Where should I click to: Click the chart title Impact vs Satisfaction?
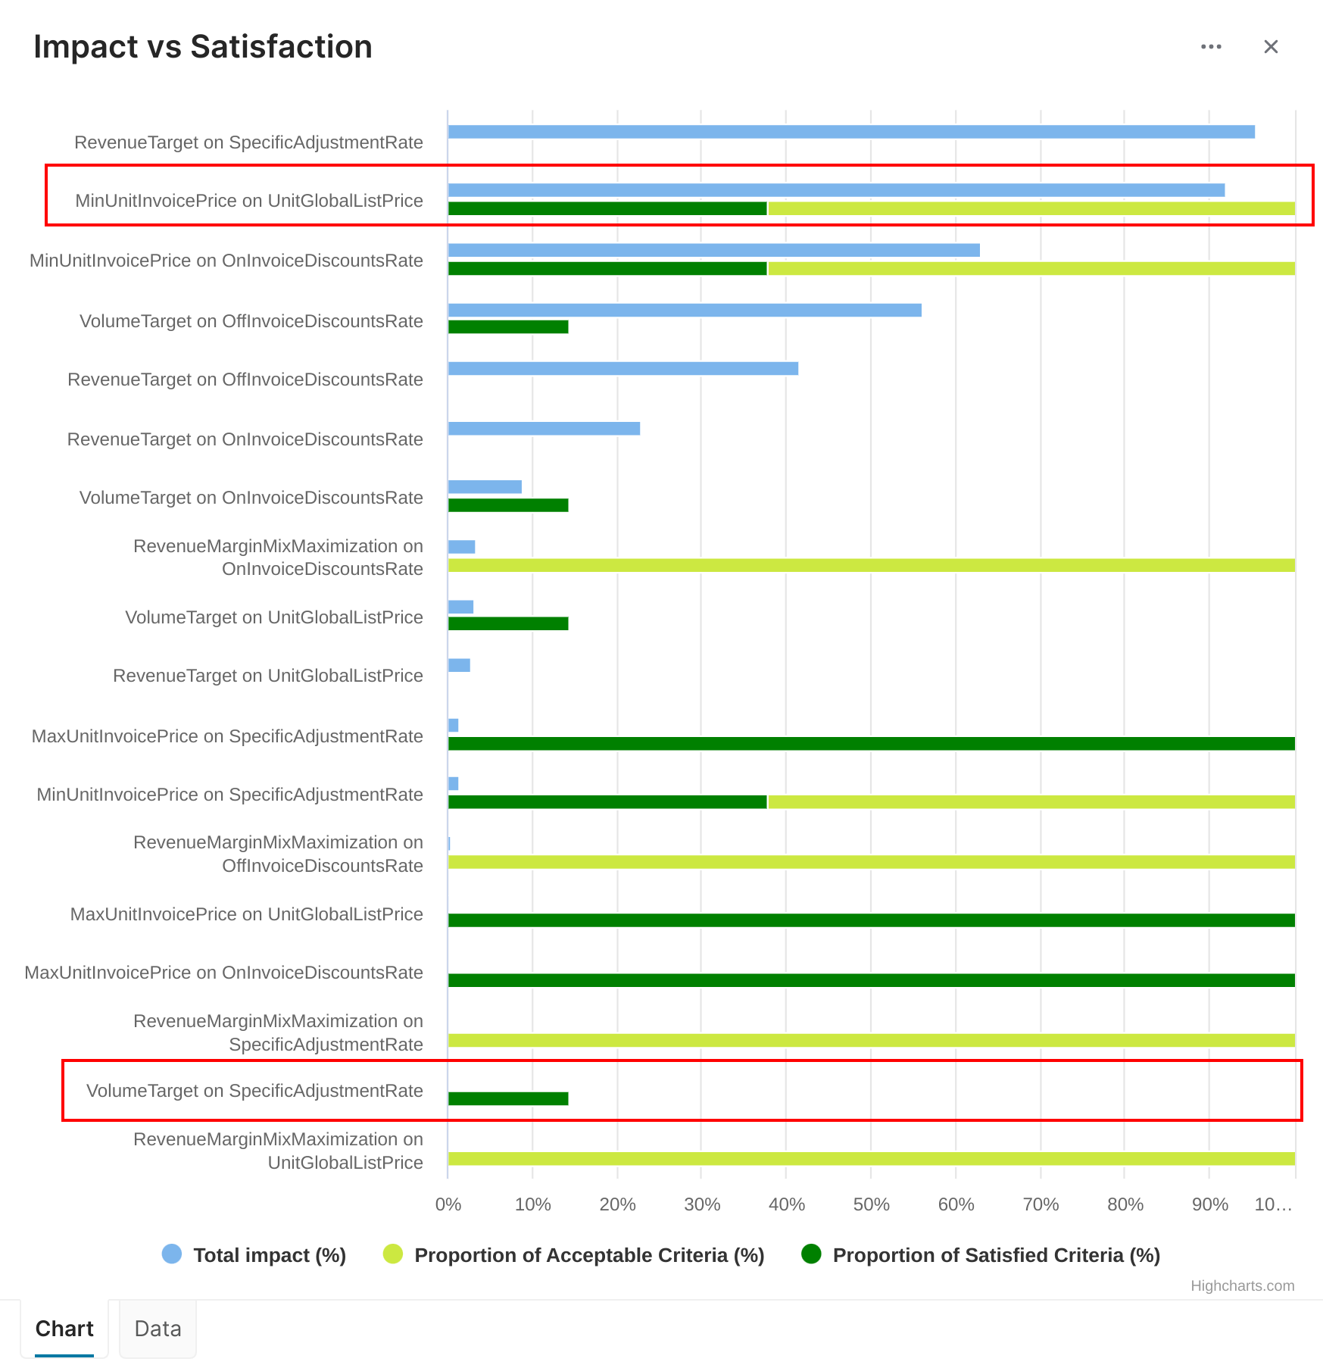click(x=203, y=47)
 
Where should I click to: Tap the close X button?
click(x=1271, y=47)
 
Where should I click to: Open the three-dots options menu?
click(x=1211, y=47)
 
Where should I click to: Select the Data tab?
click(x=158, y=1329)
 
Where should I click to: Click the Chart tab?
click(x=64, y=1329)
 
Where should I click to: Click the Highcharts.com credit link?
click(x=1242, y=1285)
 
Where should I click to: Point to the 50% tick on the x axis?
click(x=871, y=1204)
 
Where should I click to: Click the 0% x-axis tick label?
click(x=448, y=1204)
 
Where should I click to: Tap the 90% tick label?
click(x=1209, y=1204)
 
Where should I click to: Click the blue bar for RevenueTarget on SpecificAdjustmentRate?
click(x=851, y=132)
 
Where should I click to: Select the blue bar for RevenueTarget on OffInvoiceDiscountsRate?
click(x=622, y=369)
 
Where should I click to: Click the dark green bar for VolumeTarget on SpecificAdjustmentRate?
click(x=508, y=1098)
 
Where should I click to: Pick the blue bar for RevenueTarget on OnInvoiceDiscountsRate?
click(x=544, y=429)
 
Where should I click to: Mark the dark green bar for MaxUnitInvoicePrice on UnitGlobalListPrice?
click(x=871, y=920)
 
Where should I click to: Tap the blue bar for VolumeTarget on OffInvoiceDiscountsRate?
click(x=685, y=310)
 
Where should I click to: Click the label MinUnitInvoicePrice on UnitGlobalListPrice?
click(x=249, y=201)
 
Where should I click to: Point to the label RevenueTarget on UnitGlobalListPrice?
click(x=268, y=676)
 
